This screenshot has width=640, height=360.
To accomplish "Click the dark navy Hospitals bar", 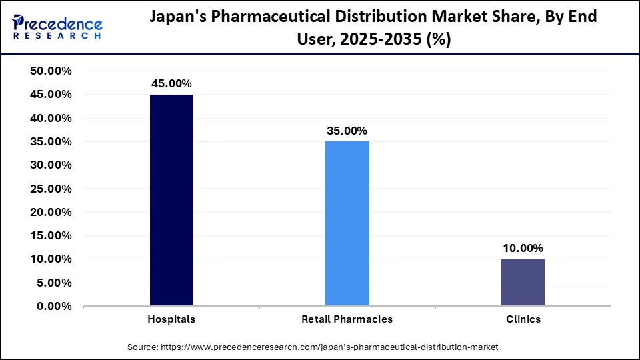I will (x=171, y=200).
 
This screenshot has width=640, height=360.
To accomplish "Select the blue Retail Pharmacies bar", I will (x=347, y=223).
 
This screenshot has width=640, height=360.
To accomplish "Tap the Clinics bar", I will (x=523, y=282).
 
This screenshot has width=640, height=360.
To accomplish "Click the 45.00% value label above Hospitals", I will (x=171, y=83).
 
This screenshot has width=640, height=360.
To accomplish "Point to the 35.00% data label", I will (x=347, y=131).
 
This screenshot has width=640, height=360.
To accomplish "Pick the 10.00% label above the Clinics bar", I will (x=523, y=248).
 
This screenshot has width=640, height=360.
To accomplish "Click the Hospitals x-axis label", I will (x=171, y=319).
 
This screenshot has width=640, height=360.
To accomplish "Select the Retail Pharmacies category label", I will (x=347, y=319).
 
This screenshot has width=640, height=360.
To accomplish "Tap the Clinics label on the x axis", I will (x=523, y=319).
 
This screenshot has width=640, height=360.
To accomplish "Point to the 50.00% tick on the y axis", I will (x=51, y=71).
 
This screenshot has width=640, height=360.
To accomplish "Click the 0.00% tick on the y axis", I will (x=54, y=307).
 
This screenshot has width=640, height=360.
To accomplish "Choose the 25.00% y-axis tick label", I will (x=51, y=189).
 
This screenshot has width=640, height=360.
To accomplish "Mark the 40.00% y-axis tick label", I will (x=51, y=118).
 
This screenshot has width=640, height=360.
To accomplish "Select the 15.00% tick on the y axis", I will (x=51, y=236).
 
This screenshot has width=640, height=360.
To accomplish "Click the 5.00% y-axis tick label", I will (x=54, y=283).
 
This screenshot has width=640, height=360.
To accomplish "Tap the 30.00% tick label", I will (x=51, y=165).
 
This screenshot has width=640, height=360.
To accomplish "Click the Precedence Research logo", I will (x=57, y=27).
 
